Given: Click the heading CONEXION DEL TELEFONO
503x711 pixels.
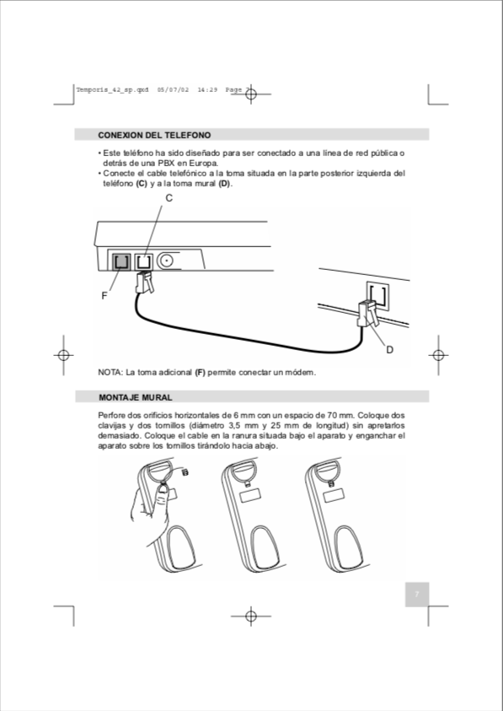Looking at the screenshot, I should [154, 135].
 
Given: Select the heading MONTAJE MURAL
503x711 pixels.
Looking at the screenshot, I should [136, 396].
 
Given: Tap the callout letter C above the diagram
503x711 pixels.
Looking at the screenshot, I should [169, 198].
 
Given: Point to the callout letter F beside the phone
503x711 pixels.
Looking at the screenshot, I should [104, 296].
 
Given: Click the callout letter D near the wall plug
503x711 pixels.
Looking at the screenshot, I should [389, 349].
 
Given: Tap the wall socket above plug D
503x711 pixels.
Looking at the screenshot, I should [377, 294].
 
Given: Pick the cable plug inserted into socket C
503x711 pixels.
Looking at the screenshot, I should [145, 281].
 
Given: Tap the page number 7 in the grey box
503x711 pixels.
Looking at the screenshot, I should [415, 595].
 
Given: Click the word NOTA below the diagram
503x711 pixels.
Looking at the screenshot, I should [110, 372].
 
